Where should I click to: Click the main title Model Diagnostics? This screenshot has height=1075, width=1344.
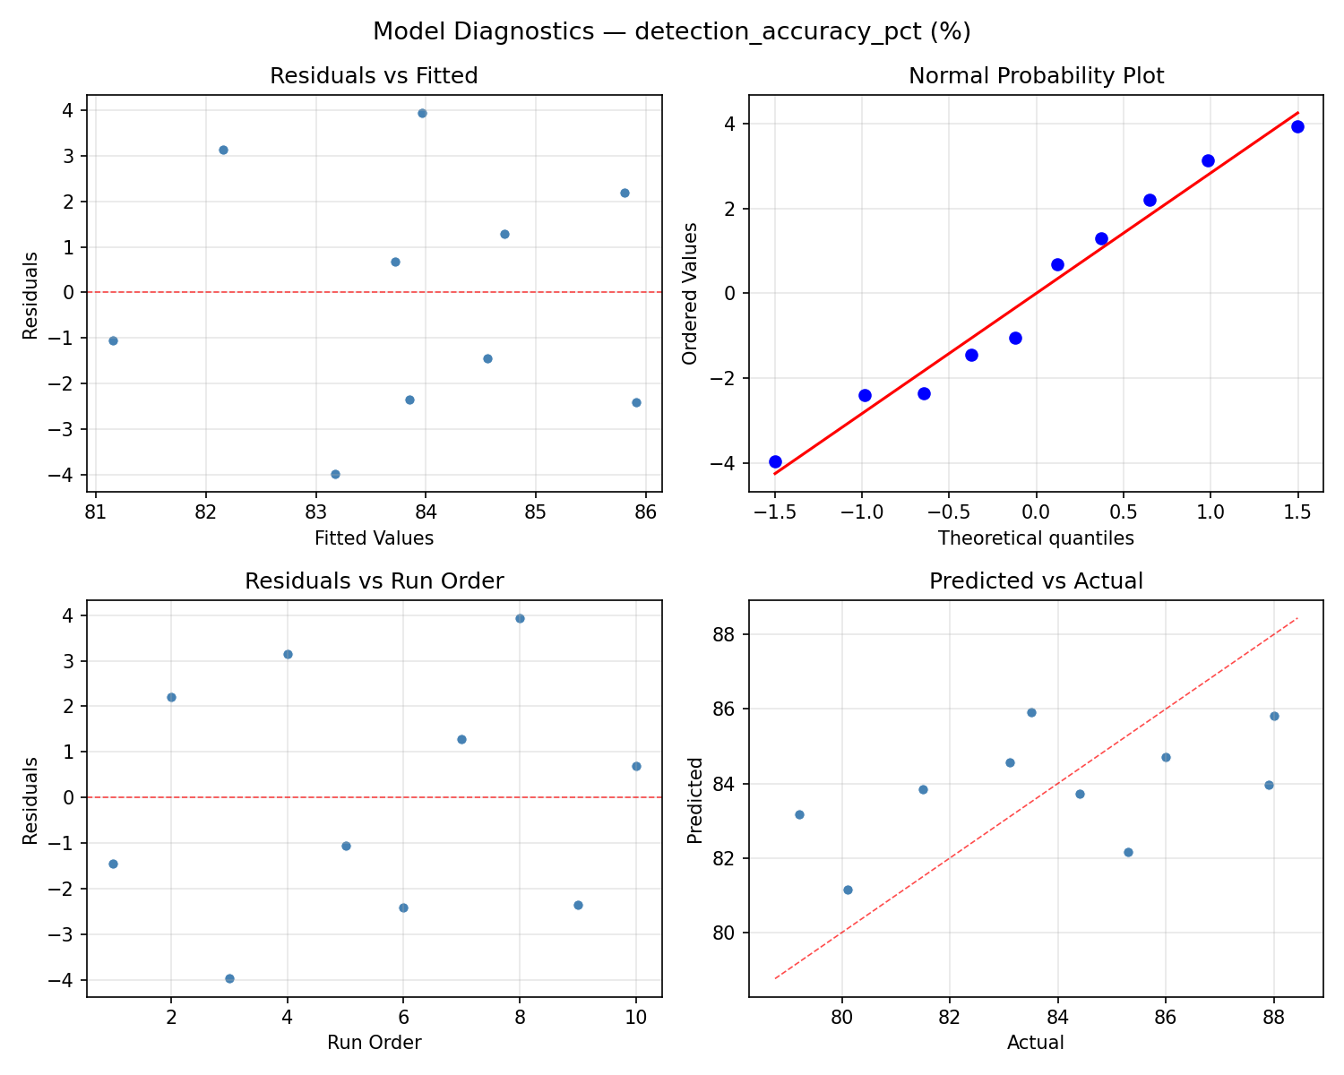(x=671, y=31)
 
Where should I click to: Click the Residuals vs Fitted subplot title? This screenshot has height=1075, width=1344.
(x=374, y=76)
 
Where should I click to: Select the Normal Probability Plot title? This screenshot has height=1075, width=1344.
(x=1036, y=76)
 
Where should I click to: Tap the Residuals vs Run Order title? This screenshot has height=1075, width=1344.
(x=374, y=581)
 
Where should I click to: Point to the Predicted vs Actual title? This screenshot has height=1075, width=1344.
(x=1036, y=581)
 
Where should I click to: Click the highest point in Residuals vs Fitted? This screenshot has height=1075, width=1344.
(x=422, y=113)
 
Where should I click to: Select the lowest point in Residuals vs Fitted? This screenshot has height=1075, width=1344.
(x=335, y=474)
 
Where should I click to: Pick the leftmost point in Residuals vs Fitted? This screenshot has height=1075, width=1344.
(x=113, y=340)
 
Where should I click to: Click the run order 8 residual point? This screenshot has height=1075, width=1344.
(x=520, y=618)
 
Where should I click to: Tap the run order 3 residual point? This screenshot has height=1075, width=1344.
(x=229, y=978)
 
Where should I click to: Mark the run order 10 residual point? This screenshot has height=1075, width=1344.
(x=636, y=766)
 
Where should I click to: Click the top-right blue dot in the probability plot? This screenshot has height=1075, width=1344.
(x=1297, y=126)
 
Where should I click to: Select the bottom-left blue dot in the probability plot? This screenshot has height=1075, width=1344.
(x=775, y=461)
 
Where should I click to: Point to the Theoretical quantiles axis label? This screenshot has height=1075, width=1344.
(x=1036, y=538)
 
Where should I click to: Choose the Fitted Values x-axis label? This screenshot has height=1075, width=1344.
(x=374, y=538)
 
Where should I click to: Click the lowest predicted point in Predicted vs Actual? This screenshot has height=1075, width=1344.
(x=848, y=890)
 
